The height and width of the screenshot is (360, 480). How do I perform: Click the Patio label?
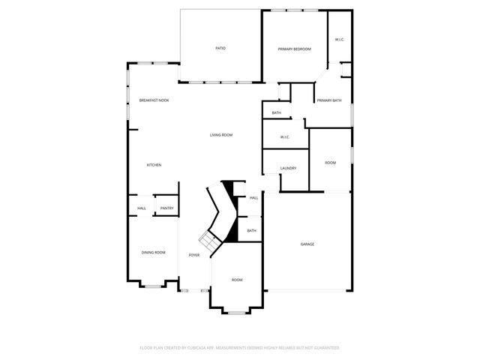220,48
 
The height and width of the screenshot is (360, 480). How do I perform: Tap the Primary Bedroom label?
294,49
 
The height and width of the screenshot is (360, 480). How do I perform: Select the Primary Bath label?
328,100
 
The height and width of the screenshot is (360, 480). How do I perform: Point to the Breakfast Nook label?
154,100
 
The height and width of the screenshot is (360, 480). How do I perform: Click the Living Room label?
220,135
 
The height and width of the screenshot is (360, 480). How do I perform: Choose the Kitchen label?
154,165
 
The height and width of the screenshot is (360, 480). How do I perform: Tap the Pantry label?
166,208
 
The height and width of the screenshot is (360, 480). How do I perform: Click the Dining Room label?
154,253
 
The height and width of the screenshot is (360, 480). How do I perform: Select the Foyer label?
194,255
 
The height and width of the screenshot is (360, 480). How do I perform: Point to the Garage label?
307,244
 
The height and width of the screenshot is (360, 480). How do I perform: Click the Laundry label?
288,168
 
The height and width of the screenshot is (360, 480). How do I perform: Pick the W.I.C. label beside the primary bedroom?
339,40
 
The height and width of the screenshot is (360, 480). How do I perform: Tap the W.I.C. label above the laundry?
285,137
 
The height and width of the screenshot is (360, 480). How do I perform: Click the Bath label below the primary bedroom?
277,113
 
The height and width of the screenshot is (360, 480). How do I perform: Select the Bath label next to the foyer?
251,231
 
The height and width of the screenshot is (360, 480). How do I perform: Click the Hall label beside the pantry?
142,208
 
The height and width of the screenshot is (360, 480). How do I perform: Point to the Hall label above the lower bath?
253,198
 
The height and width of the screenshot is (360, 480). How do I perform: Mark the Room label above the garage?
330,163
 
